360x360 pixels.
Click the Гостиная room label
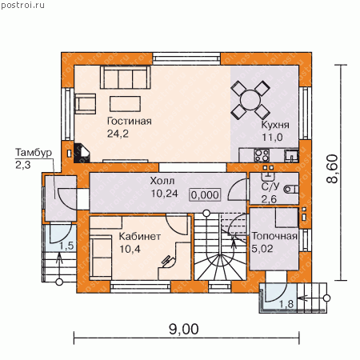pos(130,121)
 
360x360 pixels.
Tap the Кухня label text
pos(275,125)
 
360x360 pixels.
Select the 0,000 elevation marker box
pos(205,195)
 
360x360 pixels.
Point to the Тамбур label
pos(34,153)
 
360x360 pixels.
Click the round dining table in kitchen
pos(250,100)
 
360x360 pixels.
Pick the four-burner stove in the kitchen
pos(262,155)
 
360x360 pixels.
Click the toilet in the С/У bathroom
pos(291,190)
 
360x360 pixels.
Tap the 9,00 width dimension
pos(184,329)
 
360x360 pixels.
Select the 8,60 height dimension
pos(333,169)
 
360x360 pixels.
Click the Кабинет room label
pos(140,236)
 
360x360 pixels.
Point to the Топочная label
pos(274,236)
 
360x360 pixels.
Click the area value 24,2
pos(118,134)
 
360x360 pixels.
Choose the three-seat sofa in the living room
pos(126,78)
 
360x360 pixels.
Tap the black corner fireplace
pos(82,153)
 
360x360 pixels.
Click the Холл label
pos(162,181)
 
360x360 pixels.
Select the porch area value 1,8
pos(286,304)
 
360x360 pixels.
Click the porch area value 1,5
pos(66,246)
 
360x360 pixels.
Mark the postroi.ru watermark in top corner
pos(22,5)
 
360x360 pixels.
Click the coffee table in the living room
pos(125,104)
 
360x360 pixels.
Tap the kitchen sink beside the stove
pos(291,155)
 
